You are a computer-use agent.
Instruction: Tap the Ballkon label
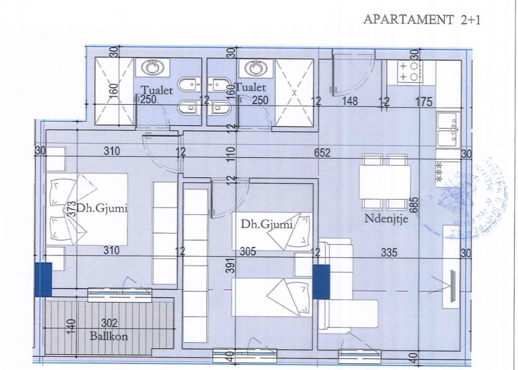tap(110, 337)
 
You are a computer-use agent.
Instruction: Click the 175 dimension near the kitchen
tap(423, 102)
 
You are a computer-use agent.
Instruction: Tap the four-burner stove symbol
tap(410, 71)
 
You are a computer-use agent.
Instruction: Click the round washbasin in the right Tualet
tap(255, 68)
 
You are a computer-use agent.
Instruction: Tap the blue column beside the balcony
tap(43, 279)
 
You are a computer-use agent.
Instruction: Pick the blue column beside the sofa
tap(321, 282)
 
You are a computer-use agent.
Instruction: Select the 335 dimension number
tap(388, 253)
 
